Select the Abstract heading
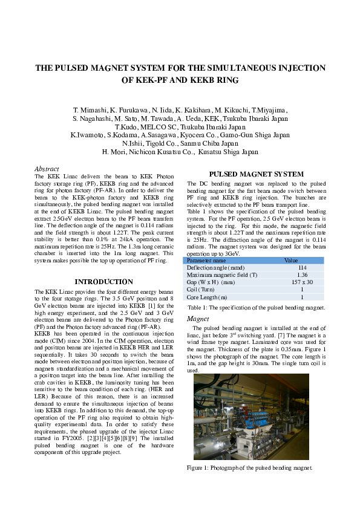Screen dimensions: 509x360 click(x=47, y=169)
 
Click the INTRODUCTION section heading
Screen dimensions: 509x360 click(x=103, y=282)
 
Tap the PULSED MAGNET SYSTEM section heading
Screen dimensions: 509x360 click(x=256, y=174)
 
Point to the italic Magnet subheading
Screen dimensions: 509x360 click(x=198, y=319)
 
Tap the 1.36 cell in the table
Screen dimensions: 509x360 click(x=303, y=274)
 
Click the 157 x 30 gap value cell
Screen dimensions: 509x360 click(x=303, y=282)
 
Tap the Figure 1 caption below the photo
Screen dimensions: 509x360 click(x=249, y=467)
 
